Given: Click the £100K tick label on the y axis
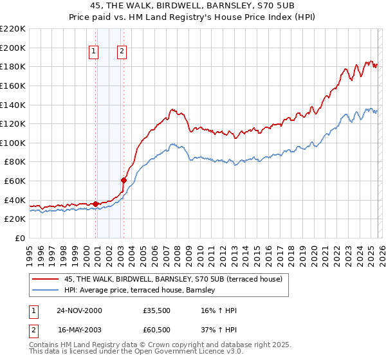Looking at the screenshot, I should [13, 143].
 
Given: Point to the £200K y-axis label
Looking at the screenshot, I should [13, 48].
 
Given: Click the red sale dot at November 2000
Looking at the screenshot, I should [96, 204].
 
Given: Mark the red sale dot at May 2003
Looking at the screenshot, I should [124, 180].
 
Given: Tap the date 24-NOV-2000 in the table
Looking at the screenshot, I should [79, 310].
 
